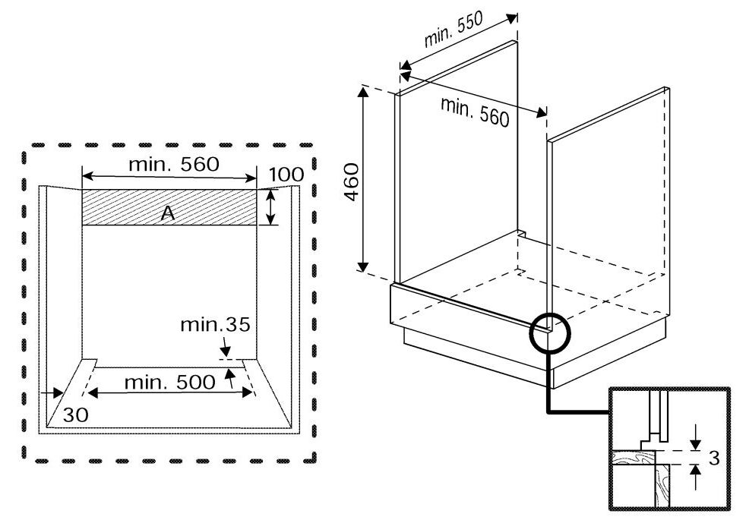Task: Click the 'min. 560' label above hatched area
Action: (173, 163)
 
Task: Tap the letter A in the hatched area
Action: (168, 214)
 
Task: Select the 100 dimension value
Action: (286, 175)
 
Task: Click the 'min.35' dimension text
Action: (215, 326)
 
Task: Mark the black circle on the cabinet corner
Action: (548, 331)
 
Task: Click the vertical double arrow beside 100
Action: (270, 207)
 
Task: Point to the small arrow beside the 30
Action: (52, 393)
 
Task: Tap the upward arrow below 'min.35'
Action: (230, 379)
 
